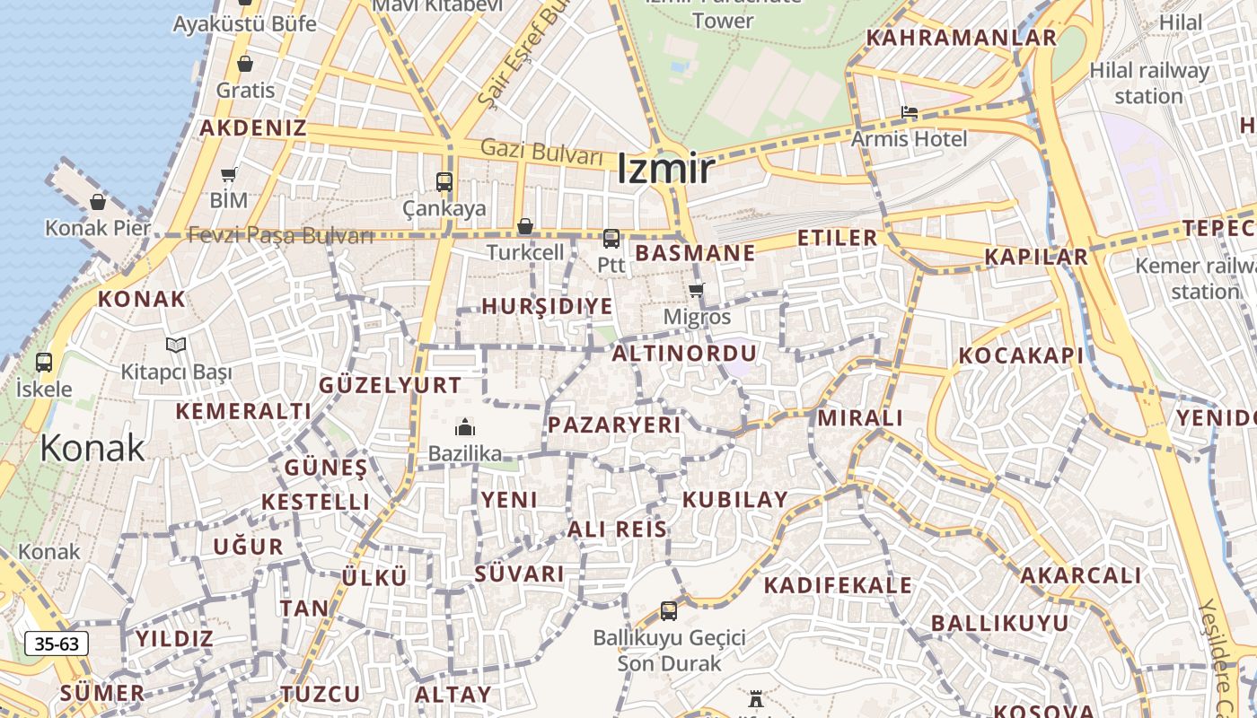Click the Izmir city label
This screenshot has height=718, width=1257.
coord(665,169)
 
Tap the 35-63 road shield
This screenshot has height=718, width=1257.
coord(57,644)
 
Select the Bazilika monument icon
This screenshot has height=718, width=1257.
coord(464,427)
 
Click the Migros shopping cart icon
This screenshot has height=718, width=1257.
coord(696,290)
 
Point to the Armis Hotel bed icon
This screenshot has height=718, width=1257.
coord(910,113)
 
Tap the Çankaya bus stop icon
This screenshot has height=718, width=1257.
coord(444,181)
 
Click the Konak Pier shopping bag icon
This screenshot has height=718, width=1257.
coord(98,202)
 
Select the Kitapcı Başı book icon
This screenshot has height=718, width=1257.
coord(176,345)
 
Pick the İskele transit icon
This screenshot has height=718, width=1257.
coord(43,363)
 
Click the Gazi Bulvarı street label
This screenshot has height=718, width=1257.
coord(541,151)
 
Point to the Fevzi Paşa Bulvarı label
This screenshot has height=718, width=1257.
coord(280,236)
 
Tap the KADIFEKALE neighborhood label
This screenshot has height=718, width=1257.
coord(838,586)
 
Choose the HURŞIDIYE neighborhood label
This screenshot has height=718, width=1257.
coord(547,306)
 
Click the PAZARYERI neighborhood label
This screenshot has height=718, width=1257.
coord(614,425)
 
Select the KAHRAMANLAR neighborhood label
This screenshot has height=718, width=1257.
coord(962,38)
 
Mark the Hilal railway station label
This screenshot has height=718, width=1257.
coord(1148,83)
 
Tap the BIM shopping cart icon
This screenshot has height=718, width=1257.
coord(229,174)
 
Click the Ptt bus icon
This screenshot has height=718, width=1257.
coord(611,239)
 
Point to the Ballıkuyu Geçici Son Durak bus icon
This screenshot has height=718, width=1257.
coord(669,611)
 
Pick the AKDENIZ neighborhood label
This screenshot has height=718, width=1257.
coord(252,127)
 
